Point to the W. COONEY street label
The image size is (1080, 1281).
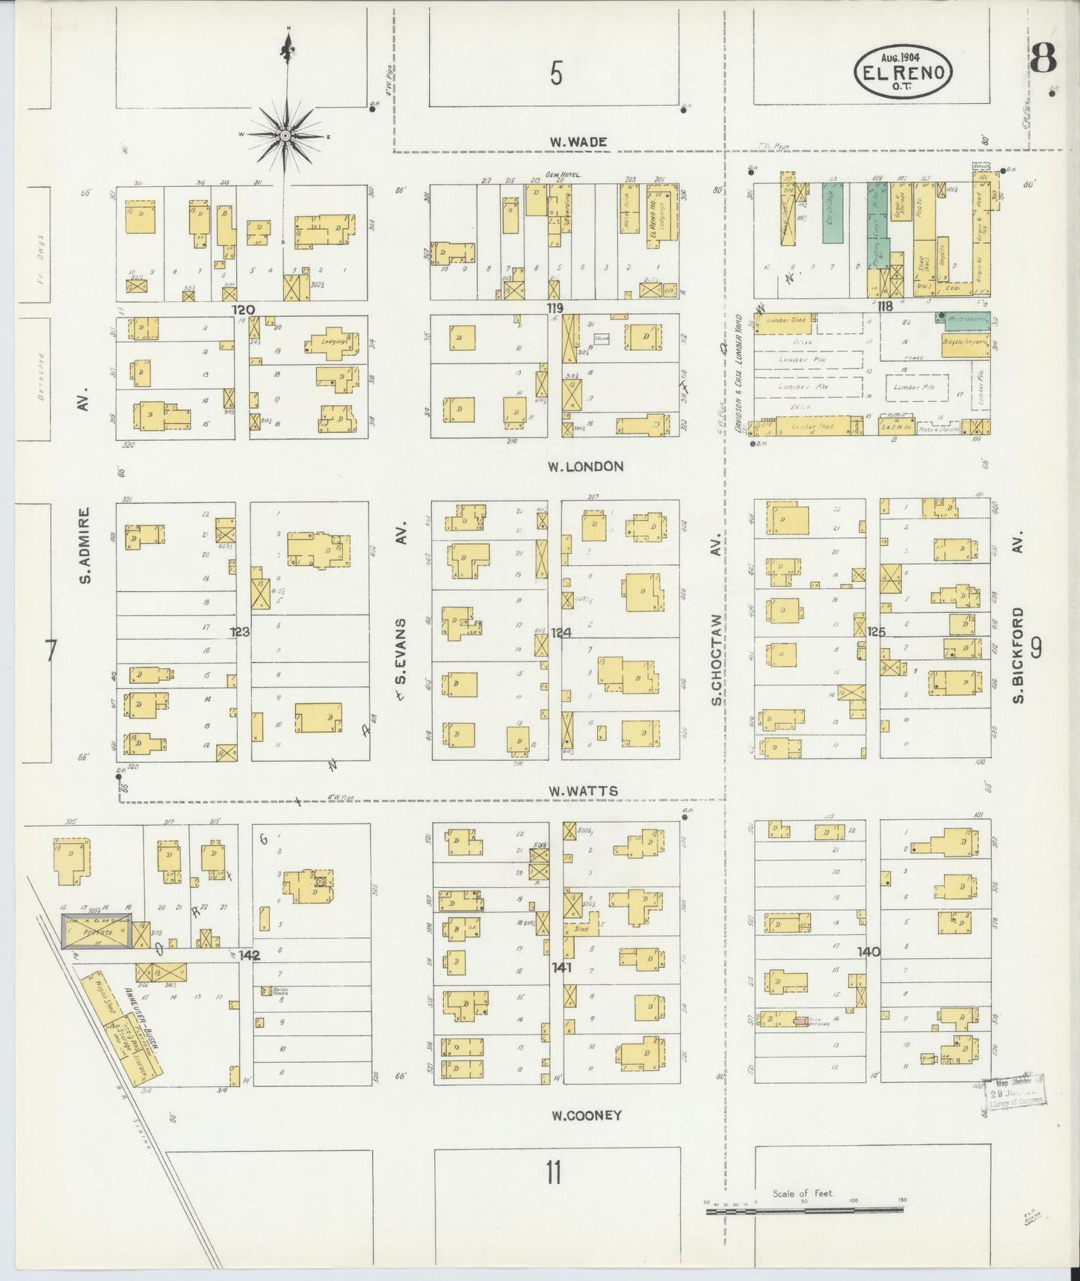(587, 1115)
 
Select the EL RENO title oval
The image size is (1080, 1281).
(904, 72)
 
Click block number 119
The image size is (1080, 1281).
(554, 308)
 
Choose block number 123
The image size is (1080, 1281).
(240, 632)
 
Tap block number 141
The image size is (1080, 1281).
(561, 967)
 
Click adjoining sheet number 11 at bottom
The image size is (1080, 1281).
(553, 1173)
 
